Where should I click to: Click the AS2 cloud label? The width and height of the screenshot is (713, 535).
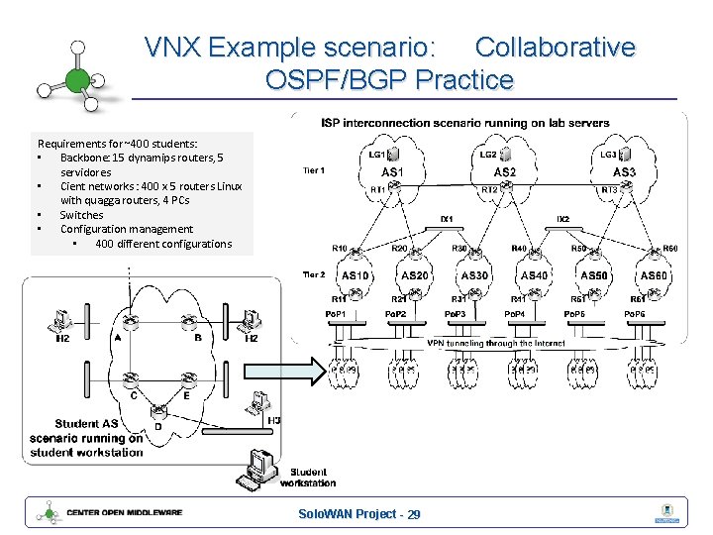[504, 172]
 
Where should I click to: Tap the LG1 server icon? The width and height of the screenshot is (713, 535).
[393, 155]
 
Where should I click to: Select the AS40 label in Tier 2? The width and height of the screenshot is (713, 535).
[534, 275]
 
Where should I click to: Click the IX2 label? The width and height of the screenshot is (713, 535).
[562, 218]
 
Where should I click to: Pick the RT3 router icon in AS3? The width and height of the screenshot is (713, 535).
[630, 188]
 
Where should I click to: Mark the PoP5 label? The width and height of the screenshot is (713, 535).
[574, 314]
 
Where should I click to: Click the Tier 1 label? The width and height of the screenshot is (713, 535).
[313, 170]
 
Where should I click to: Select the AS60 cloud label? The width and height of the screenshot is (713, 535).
[654, 275]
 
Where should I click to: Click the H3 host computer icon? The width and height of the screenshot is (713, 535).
[261, 401]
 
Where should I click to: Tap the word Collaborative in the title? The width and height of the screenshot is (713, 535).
[555, 47]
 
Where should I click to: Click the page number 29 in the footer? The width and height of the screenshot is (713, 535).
[413, 514]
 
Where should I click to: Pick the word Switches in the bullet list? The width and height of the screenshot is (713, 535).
[81, 215]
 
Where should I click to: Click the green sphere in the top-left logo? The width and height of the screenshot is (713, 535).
[76, 79]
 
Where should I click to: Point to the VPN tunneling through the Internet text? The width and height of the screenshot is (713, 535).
[496, 343]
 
